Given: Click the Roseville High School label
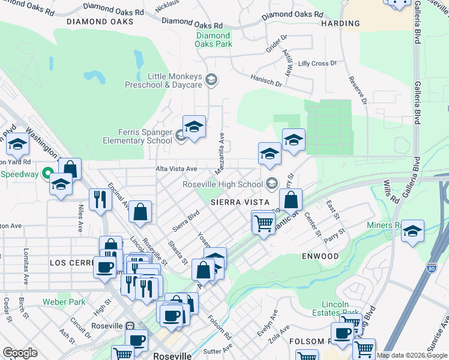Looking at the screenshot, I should click(223, 184).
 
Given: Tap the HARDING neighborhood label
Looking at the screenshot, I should click(340, 24).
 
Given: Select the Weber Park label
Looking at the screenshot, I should click(64, 302).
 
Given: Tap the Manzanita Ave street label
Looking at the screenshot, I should click(221, 147).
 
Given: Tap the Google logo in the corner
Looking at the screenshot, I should click(20, 353).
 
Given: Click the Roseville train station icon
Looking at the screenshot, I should click(129, 326).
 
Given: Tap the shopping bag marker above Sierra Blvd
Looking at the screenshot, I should click(140, 212).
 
